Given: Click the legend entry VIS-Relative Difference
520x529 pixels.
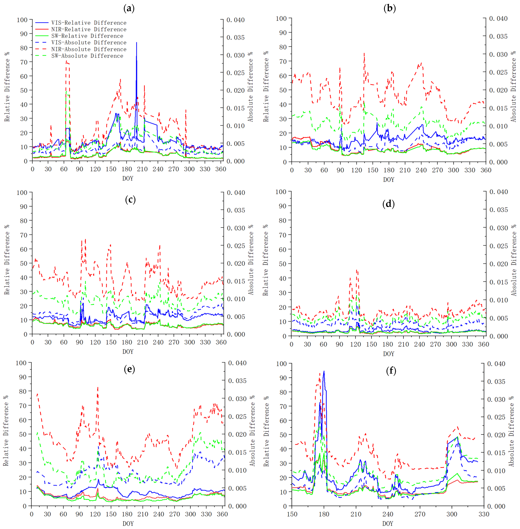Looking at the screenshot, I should click(x=89, y=23).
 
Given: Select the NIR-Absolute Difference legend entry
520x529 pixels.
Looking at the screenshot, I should click(x=89, y=49).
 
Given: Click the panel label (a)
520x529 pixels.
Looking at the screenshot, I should click(x=129, y=8).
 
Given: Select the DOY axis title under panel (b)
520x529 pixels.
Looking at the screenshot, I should click(x=389, y=179).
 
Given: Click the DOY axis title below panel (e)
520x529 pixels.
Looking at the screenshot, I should click(x=128, y=524).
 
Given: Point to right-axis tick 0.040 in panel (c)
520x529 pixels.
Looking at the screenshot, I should click(x=236, y=193).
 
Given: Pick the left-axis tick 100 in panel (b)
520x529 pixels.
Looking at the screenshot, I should click(x=281, y=19).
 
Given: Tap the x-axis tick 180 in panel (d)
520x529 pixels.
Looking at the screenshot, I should click(x=388, y=344).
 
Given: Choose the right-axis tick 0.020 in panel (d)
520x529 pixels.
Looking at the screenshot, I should click(x=498, y=264).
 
